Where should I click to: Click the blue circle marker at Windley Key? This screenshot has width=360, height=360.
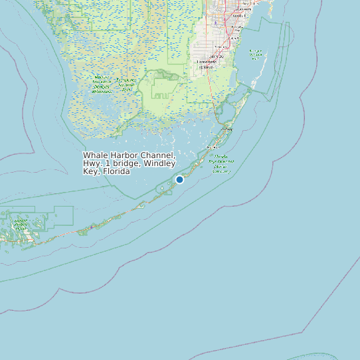[x=179, y=179]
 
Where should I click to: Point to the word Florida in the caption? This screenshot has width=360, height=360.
[x=115, y=171]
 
